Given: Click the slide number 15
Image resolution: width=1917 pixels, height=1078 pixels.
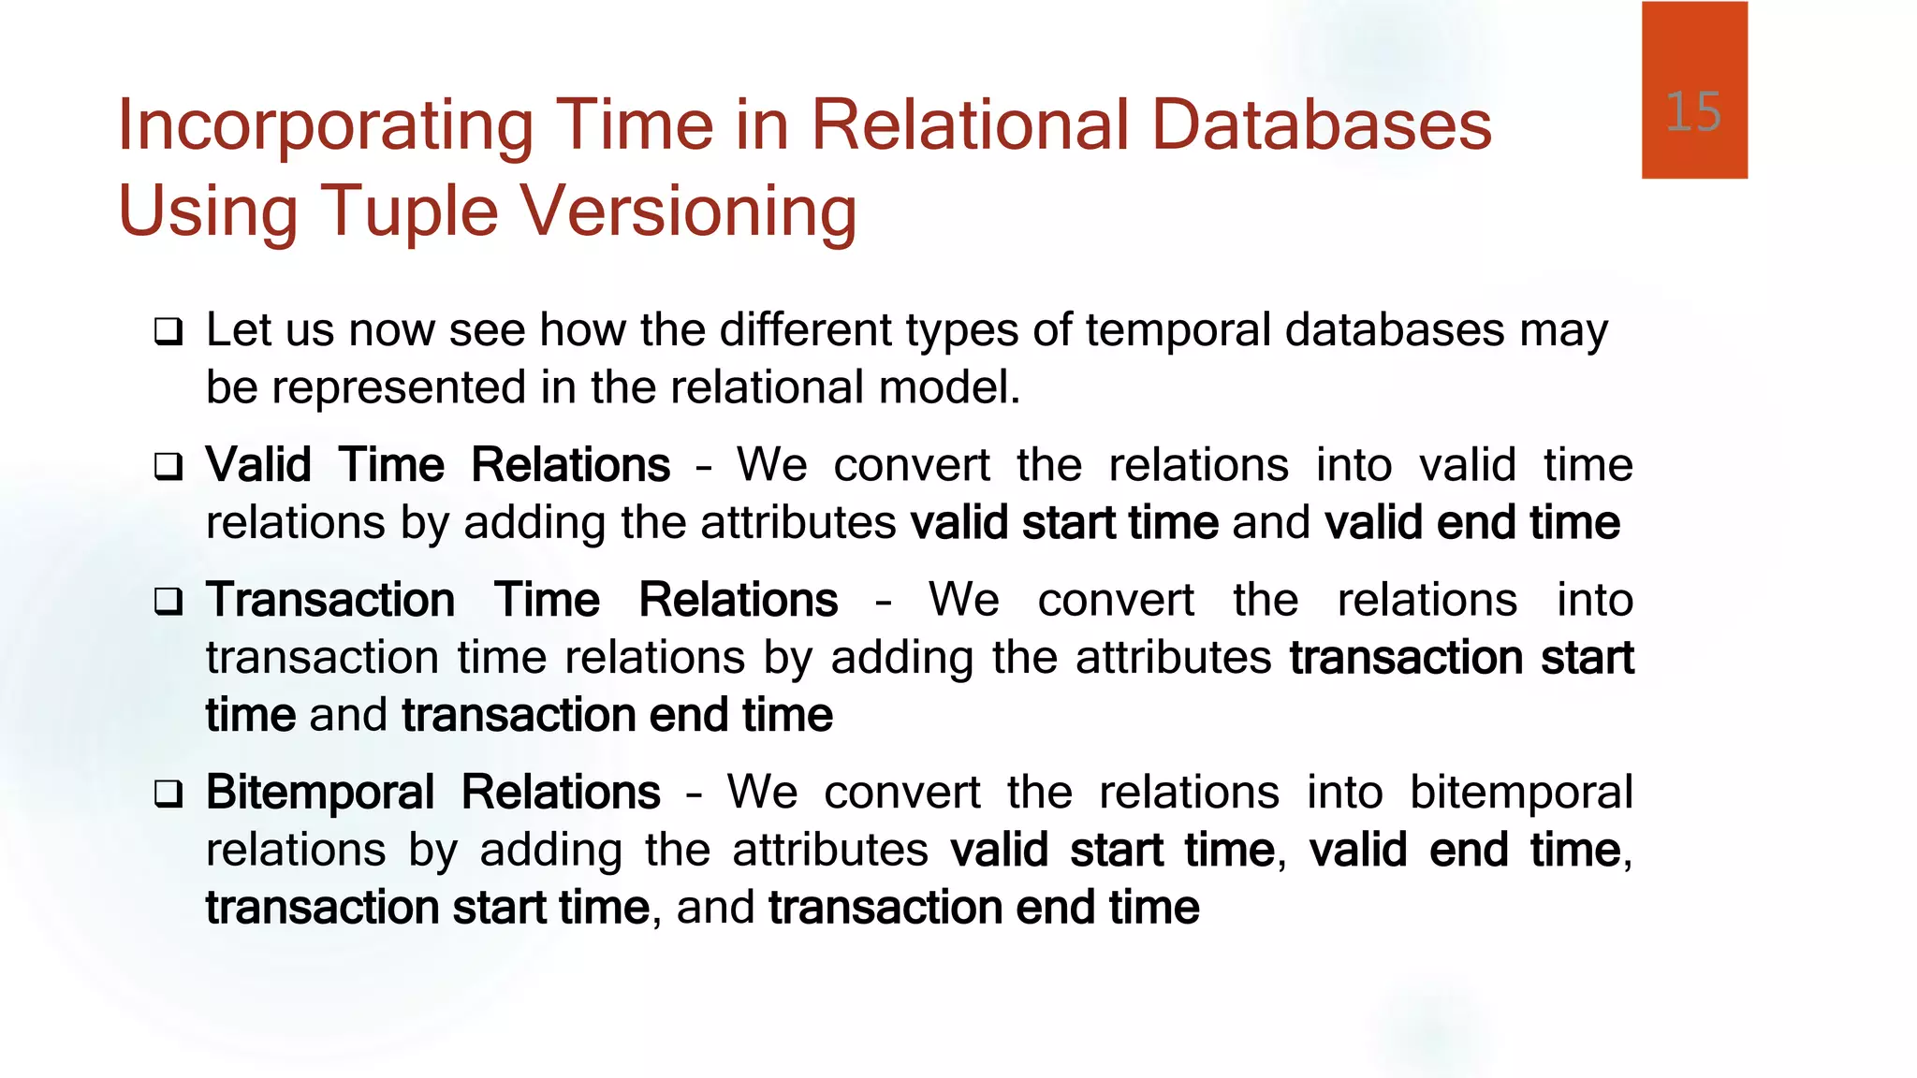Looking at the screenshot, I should click(1693, 112).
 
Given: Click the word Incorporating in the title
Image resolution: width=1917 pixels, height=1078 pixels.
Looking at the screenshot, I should click(325, 126).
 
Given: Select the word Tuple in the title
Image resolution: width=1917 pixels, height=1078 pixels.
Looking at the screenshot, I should click(409, 211).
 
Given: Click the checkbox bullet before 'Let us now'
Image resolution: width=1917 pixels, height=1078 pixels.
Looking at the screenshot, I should click(168, 331).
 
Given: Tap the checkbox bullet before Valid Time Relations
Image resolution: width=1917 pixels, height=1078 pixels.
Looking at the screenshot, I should click(168, 466).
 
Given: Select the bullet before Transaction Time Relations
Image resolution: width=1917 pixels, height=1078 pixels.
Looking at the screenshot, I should click(168, 601).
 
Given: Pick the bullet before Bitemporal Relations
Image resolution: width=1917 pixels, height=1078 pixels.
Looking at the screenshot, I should click(168, 794).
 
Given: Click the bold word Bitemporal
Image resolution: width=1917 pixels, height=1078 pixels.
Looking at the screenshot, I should click(320, 794).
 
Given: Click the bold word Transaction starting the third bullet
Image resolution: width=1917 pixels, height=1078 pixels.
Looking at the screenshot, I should click(330, 600).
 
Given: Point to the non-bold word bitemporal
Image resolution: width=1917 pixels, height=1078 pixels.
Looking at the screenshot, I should click(1520, 793).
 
